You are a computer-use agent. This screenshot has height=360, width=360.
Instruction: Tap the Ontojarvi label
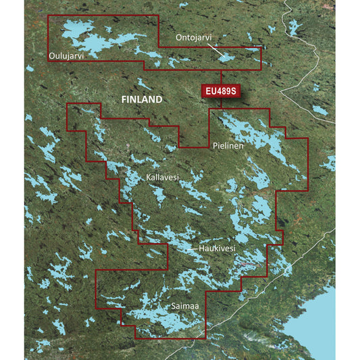point(194,37)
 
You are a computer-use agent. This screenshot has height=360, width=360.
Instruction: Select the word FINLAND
point(142,99)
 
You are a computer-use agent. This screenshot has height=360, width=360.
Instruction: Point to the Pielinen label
point(228,145)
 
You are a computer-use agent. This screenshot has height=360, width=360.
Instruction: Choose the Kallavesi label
point(162,178)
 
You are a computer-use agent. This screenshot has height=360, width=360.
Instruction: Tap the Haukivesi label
point(217,249)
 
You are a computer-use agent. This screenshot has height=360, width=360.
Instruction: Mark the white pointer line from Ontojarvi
point(215,49)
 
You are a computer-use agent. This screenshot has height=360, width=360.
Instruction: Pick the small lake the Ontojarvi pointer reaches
point(227,57)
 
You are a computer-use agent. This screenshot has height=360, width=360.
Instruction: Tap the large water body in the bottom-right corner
point(314,317)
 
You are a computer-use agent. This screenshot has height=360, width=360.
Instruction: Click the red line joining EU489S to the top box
point(222,76)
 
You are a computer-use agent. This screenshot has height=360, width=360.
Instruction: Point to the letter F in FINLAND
point(124,99)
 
